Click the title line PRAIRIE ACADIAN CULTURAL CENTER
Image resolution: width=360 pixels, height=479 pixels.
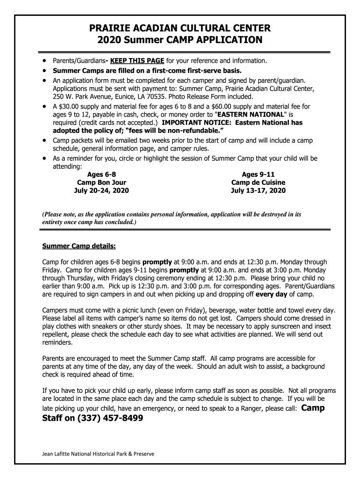click(x=180, y=29)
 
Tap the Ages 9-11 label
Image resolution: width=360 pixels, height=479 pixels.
click(x=258, y=174)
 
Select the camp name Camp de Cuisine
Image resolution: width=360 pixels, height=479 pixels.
click(x=258, y=182)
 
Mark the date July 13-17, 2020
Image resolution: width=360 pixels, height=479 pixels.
click(x=258, y=191)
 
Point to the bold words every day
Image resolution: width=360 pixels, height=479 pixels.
click(x=272, y=295)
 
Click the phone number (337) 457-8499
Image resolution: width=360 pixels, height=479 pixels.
click(x=110, y=418)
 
